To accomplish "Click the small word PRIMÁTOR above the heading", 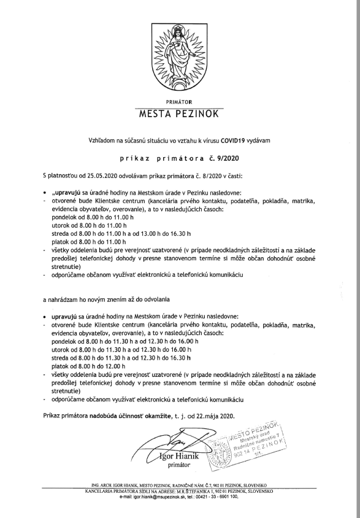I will click(179, 100).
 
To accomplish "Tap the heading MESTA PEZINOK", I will click(179, 114).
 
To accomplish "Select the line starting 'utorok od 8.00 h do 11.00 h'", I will click(92, 225).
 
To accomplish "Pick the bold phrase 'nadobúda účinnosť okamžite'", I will click(130, 416).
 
